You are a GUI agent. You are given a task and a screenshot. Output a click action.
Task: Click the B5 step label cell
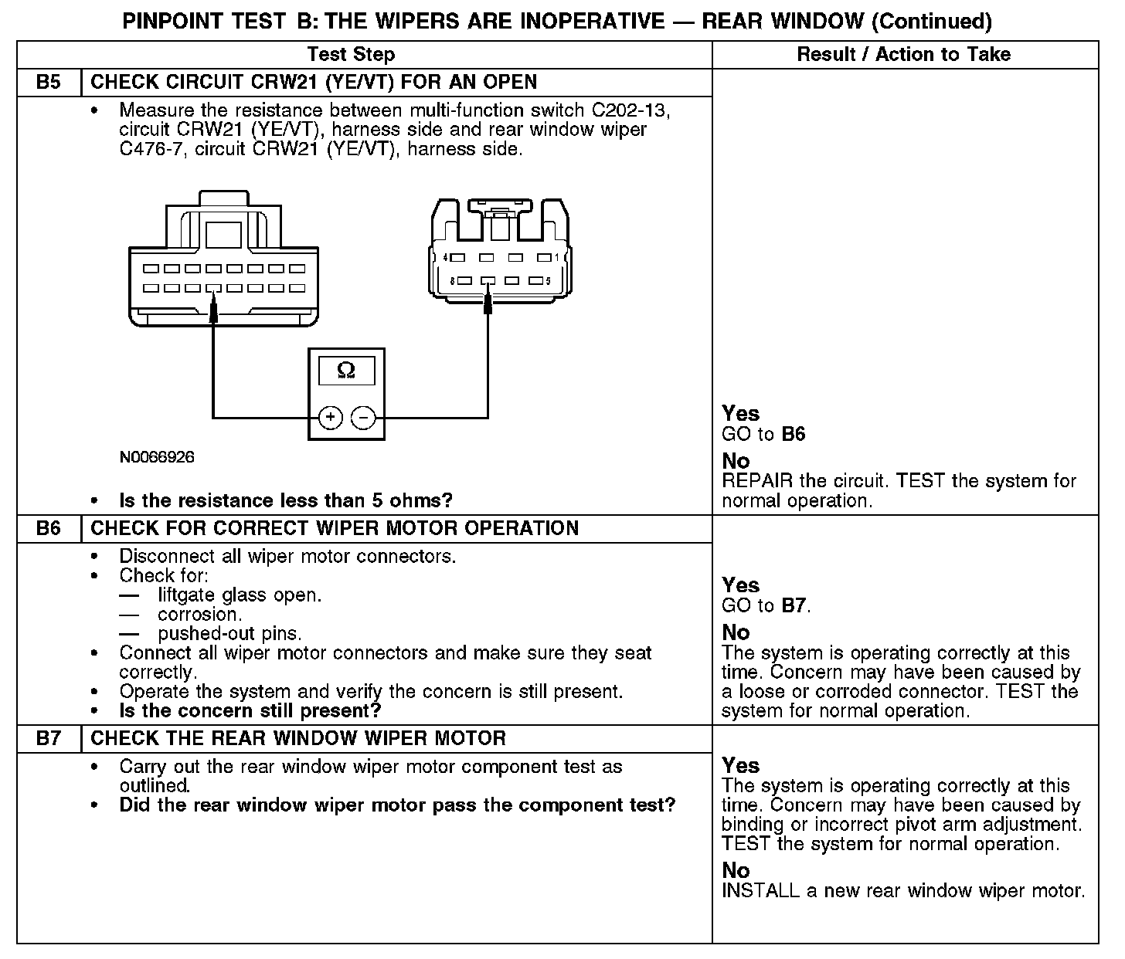[49, 83]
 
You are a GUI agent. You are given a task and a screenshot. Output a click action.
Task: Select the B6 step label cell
[49, 529]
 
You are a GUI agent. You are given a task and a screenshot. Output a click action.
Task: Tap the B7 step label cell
[49, 739]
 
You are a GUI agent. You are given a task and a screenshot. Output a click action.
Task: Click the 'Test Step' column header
[351, 55]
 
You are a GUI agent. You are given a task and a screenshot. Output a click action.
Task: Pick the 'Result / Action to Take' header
[903, 55]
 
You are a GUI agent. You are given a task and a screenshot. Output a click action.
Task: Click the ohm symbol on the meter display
[346, 371]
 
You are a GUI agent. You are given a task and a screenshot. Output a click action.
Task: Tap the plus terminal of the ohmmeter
[330, 418]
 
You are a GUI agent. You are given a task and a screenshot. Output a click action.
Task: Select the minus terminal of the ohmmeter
[363, 418]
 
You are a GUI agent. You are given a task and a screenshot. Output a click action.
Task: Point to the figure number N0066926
[157, 458]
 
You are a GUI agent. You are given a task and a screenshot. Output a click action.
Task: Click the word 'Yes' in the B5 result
[740, 414]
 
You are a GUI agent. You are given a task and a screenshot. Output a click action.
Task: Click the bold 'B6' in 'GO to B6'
[793, 434]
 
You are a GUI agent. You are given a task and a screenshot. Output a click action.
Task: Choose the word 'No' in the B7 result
[736, 871]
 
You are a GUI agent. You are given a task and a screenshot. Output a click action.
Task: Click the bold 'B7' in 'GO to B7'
[794, 605]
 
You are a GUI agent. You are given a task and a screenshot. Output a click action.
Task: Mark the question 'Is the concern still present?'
[250, 710]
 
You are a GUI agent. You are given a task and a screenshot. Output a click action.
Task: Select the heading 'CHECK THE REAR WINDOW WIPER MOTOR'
[298, 739]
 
